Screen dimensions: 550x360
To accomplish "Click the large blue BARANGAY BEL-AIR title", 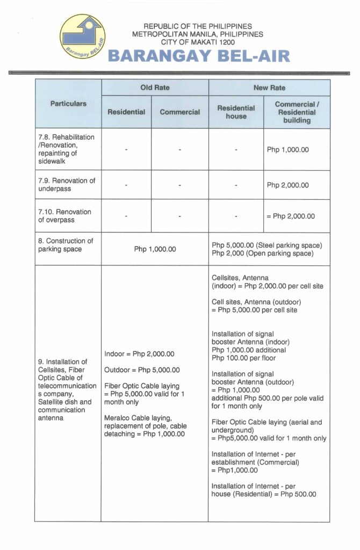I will click(x=199, y=56).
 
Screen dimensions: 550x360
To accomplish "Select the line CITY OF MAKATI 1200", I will click(x=198, y=41).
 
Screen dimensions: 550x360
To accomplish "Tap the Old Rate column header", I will click(x=154, y=88).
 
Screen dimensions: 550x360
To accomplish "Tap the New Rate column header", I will click(x=269, y=88).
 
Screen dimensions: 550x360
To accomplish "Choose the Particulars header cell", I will click(x=68, y=104).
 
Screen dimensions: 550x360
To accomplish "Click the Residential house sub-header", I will click(x=236, y=112).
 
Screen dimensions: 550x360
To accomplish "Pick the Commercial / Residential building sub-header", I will click(x=297, y=112).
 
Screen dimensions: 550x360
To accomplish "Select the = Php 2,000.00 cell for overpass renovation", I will click(x=290, y=216).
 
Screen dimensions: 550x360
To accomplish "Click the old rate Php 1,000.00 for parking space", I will click(x=155, y=249).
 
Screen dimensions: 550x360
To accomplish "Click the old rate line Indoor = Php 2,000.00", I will click(x=140, y=354).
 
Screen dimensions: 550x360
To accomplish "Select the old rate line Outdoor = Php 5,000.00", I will click(x=142, y=370).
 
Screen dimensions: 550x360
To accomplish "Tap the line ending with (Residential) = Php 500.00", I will click(x=264, y=494).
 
